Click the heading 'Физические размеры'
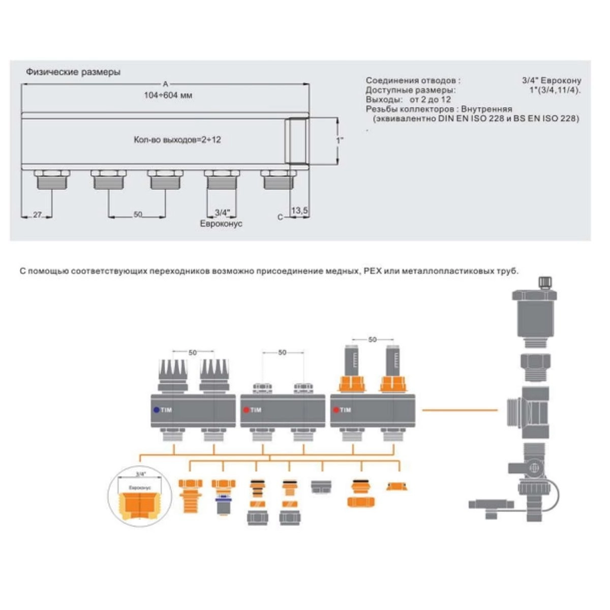pyautogui.click(x=73, y=72)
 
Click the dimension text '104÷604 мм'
pyautogui.click(x=168, y=95)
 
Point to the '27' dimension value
pyautogui.click(x=37, y=215)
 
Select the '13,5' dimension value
pyautogui.click(x=299, y=210)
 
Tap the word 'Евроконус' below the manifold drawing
pyautogui.click(x=221, y=224)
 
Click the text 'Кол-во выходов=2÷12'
pyautogui.click(x=177, y=140)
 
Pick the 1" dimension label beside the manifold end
pyautogui.click(x=340, y=140)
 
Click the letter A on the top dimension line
pyautogui.click(x=165, y=84)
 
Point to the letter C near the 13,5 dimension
pyautogui.click(x=280, y=217)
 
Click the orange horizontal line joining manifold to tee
pyautogui.click(x=460, y=410)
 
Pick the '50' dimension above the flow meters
pyautogui.click(x=373, y=340)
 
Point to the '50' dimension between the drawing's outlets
pyautogui.click(x=138, y=215)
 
